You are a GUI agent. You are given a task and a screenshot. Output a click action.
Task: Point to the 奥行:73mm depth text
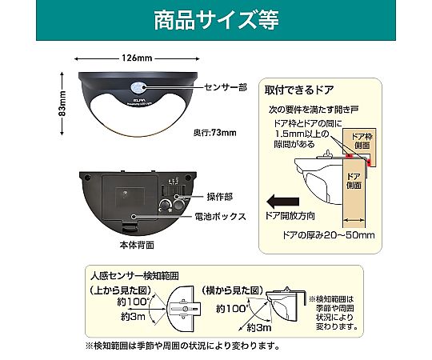(216, 133)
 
